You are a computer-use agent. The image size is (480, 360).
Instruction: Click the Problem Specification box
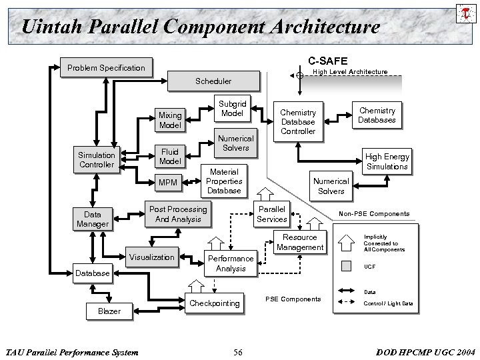(x=105, y=67)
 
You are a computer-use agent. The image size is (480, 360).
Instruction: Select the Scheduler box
(x=213, y=81)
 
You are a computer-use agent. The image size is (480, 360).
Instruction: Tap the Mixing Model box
(x=170, y=120)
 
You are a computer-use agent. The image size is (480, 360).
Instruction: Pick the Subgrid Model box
(x=232, y=109)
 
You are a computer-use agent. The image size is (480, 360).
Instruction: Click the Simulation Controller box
(x=97, y=160)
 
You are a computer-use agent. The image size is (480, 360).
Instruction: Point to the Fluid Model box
(x=170, y=157)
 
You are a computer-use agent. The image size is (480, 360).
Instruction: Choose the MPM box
(x=170, y=181)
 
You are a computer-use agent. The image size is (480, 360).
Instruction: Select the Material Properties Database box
(x=224, y=181)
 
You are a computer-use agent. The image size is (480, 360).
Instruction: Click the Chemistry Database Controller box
(x=298, y=121)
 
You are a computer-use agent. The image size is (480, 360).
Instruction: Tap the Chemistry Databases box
(x=377, y=115)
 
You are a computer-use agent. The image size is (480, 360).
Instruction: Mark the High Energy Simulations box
(x=387, y=161)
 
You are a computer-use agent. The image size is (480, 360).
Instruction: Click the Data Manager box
(x=93, y=219)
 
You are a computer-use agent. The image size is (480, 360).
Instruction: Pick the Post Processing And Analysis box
(x=178, y=214)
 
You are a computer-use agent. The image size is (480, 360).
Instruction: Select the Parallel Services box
(x=272, y=214)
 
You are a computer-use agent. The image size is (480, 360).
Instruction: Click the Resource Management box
(x=300, y=242)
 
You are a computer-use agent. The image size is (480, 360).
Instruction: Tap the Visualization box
(x=152, y=257)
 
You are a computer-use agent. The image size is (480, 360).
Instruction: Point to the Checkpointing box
(x=215, y=303)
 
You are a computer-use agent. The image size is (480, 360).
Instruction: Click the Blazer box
(x=109, y=311)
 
